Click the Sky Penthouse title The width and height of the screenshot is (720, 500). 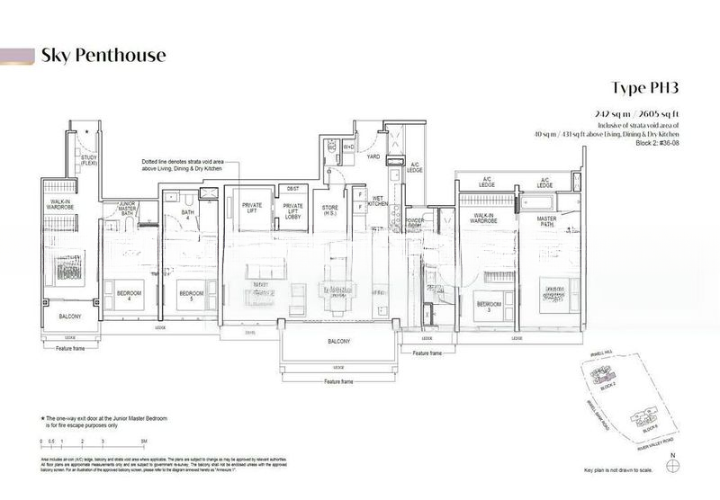coord(103,56)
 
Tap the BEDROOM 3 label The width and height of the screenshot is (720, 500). coord(488,303)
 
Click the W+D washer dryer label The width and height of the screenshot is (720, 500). coord(348,146)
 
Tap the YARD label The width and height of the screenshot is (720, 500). coord(370,156)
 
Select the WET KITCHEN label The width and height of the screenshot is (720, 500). coord(377,202)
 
